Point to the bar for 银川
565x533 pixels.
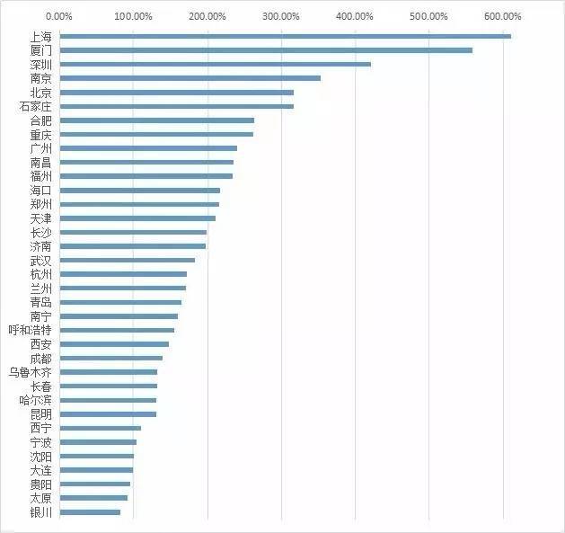pyautogui.click(x=90, y=512)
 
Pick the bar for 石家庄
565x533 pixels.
pyautogui.click(x=177, y=106)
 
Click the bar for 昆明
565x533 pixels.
pyautogui.click(x=108, y=413)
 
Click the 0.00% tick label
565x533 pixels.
pyautogui.click(x=59, y=16)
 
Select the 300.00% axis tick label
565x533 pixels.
pyautogui.click(x=280, y=16)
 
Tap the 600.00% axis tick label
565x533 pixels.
pyautogui.click(x=502, y=16)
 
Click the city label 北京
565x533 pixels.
pyautogui.click(x=40, y=93)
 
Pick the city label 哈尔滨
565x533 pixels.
pyautogui.click(x=35, y=400)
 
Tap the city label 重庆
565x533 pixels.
pyautogui.click(x=40, y=134)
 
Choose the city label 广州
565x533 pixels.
pyautogui.click(x=40, y=148)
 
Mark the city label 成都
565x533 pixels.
pyautogui.click(x=40, y=358)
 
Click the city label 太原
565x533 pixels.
pyautogui.click(x=40, y=498)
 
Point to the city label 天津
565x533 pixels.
pyautogui.click(x=40, y=218)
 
